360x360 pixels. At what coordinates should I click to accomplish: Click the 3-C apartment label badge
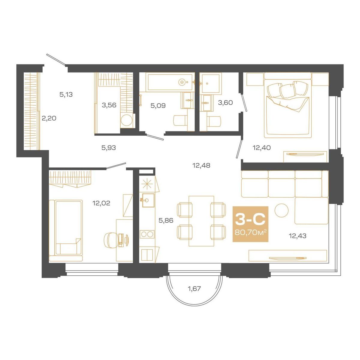coord(250,224)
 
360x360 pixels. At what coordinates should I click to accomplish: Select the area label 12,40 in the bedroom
coord(262,148)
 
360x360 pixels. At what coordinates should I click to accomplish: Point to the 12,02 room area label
coord(101,203)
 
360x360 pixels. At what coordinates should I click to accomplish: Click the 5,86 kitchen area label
coord(166,221)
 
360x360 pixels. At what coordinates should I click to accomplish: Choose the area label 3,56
coord(109,105)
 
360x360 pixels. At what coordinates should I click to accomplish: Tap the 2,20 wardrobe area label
coord(49,118)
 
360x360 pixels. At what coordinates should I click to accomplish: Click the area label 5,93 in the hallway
coord(109,148)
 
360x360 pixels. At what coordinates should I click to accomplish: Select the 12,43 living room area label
coord(298,236)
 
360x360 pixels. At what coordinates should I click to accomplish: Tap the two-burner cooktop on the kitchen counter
coord(147,234)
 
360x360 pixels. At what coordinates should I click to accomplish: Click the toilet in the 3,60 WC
coord(214,121)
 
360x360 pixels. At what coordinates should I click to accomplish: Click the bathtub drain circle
coord(182,82)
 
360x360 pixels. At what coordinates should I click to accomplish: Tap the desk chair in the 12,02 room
coord(111,239)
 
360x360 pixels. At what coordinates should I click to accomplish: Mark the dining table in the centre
coord(201,221)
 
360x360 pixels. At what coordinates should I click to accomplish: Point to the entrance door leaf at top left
coord(56,59)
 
